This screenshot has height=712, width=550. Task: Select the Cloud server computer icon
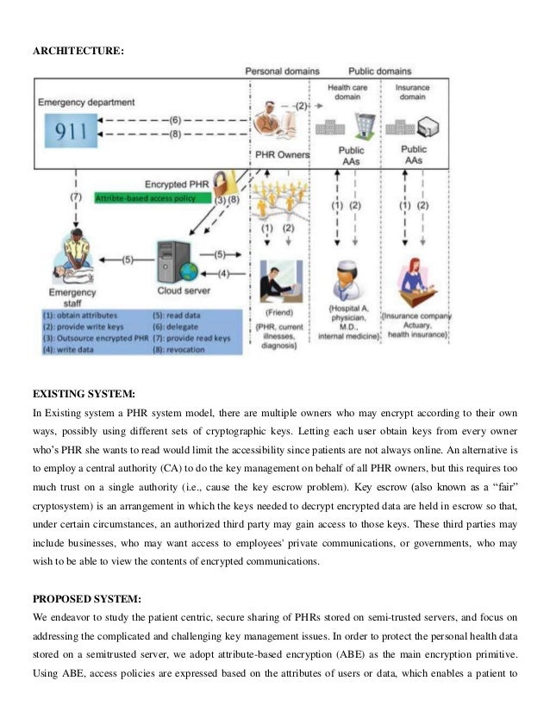176,259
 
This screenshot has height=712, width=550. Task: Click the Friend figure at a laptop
278,275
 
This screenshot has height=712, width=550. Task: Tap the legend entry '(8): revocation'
184,349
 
